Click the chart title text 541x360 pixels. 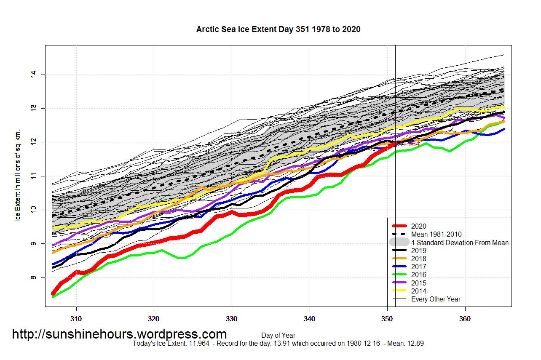278,29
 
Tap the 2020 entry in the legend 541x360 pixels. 419,226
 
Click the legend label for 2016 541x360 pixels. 419,275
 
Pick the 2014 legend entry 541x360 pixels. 419,291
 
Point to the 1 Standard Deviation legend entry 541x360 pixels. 460,243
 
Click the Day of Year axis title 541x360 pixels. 278,336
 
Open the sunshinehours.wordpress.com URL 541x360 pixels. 119,334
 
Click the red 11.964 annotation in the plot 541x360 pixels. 409,144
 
